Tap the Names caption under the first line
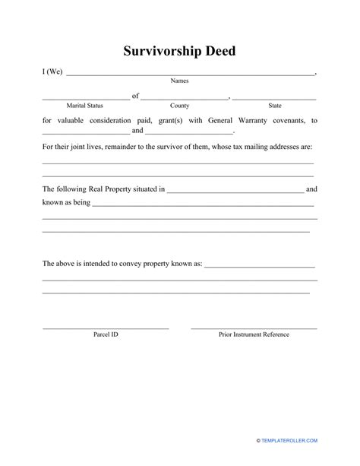[180, 81]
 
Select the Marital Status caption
[85, 105]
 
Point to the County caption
[180, 105]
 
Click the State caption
[274, 105]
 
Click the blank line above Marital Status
[85, 99]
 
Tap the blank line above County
[185, 99]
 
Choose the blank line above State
[274, 99]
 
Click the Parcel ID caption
[106, 334]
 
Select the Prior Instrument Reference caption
[254, 334]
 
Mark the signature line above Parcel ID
[106, 328]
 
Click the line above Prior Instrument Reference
[254, 328]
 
